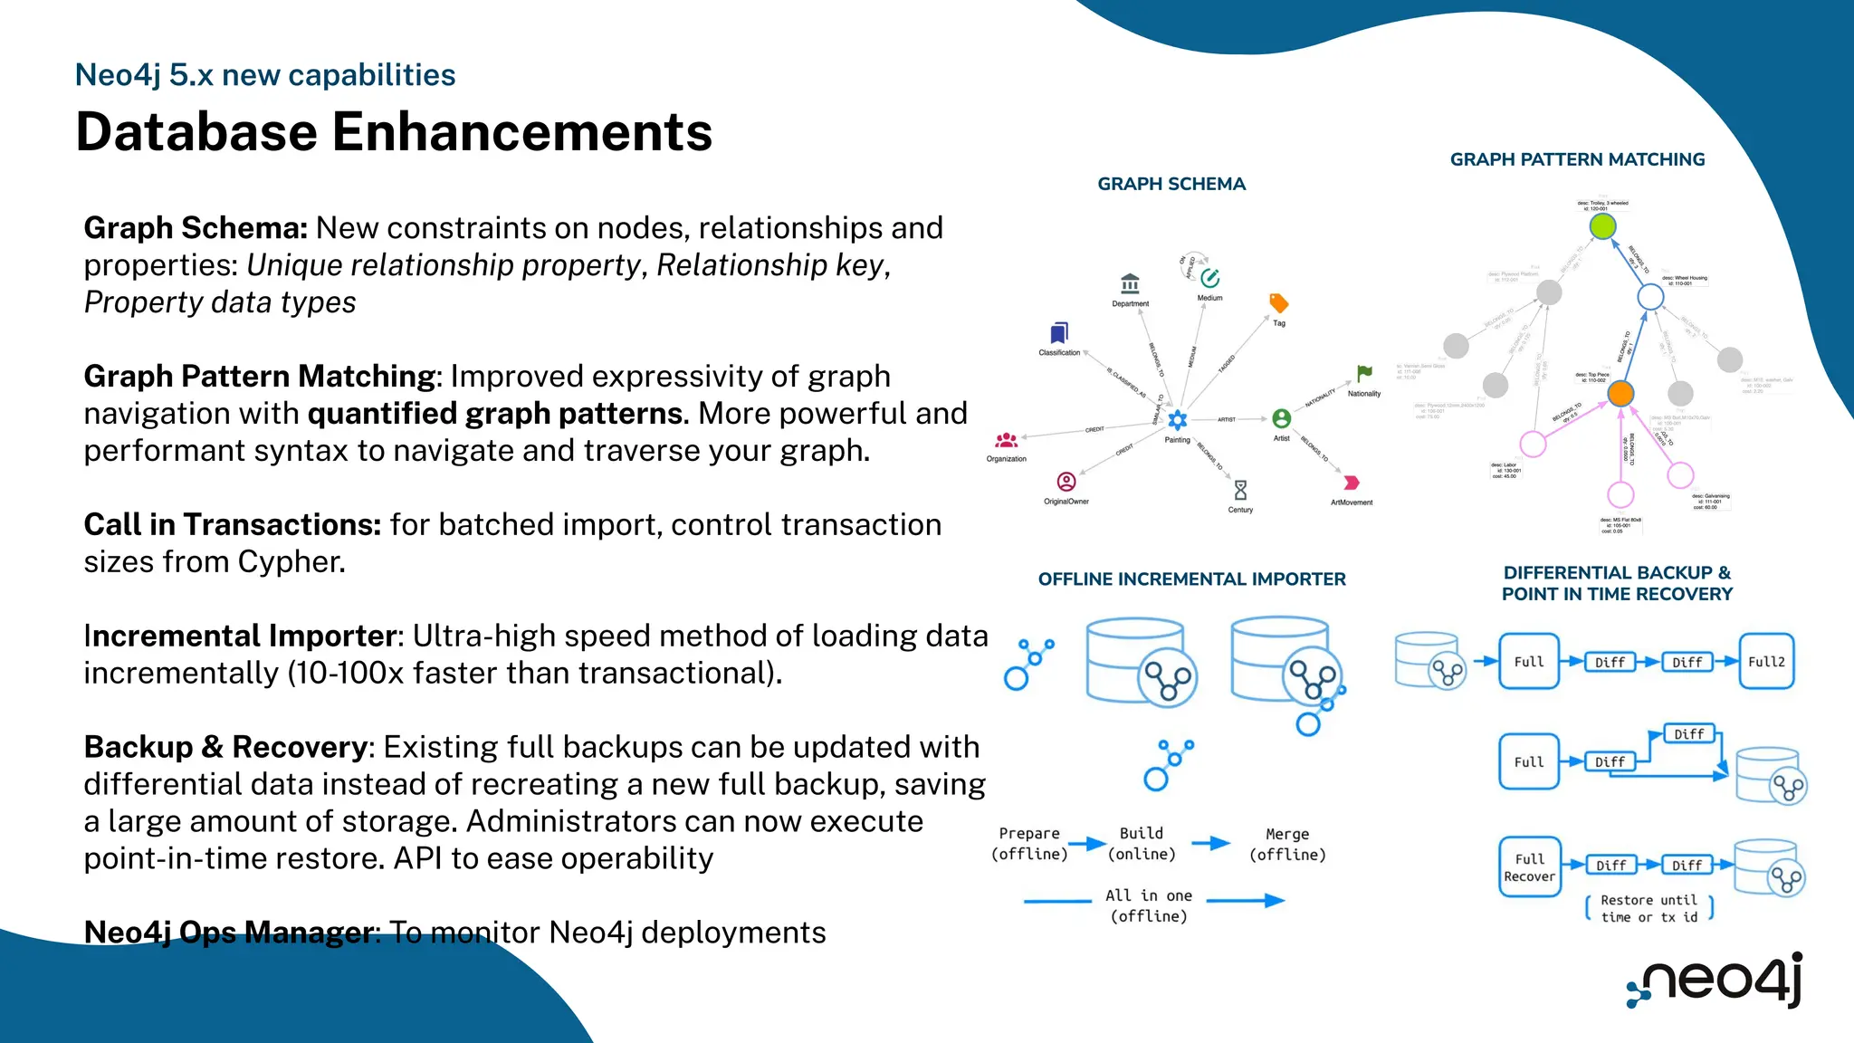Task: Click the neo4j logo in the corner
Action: (x=1716, y=981)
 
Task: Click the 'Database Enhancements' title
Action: (x=394, y=132)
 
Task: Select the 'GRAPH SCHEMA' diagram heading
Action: (x=1171, y=184)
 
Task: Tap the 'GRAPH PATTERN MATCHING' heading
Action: (x=1577, y=159)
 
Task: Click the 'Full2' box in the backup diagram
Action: (x=1765, y=662)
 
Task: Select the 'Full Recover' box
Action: (x=1529, y=867)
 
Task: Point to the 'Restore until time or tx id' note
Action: (x=1649, y=908)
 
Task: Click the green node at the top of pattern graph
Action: (x=1602, y=225)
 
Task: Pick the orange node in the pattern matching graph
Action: (x=1620, y=393)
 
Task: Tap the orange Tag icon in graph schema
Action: (x=1278, y=302)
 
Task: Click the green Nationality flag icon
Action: (x=1364, y=373)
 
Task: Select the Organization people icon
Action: (x=1007, y=441)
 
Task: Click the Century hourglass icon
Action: (x=1240, y=490)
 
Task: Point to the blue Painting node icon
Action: (x=1177, y=420)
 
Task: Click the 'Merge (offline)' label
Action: (x=1287, y=844)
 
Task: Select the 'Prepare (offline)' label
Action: (x=1029, y=843)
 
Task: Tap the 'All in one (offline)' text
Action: (x=1149, y=905)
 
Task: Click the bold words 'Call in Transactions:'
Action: (x=232, y=525)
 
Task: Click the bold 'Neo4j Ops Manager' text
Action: (x=230, y=933)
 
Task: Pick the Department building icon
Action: (x=1130, y=284)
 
